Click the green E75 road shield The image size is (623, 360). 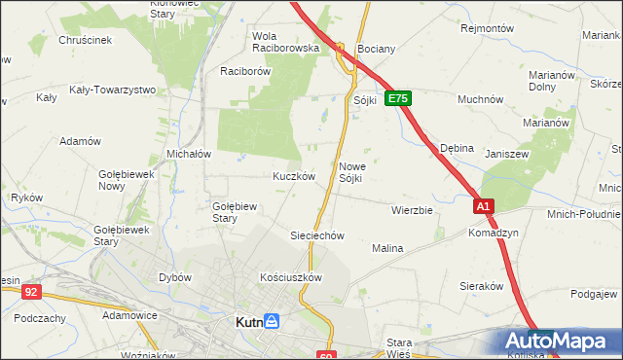tap(398, 99)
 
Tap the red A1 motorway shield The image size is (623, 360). tap(485, 206)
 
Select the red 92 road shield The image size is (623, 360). tap(32, 291)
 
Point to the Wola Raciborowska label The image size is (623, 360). tap(286, 41)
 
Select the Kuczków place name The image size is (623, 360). tap(293, 177)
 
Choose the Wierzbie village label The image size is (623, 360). tap(412, 209)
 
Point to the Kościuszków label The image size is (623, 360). tap(291, 277)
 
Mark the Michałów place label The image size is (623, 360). tap(190, 154)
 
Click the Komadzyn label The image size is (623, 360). tap(494, 234)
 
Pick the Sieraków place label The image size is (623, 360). tap(481, 286)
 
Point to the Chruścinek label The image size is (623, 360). tap(86, 41)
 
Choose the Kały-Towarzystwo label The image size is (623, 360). tap(113, 90)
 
